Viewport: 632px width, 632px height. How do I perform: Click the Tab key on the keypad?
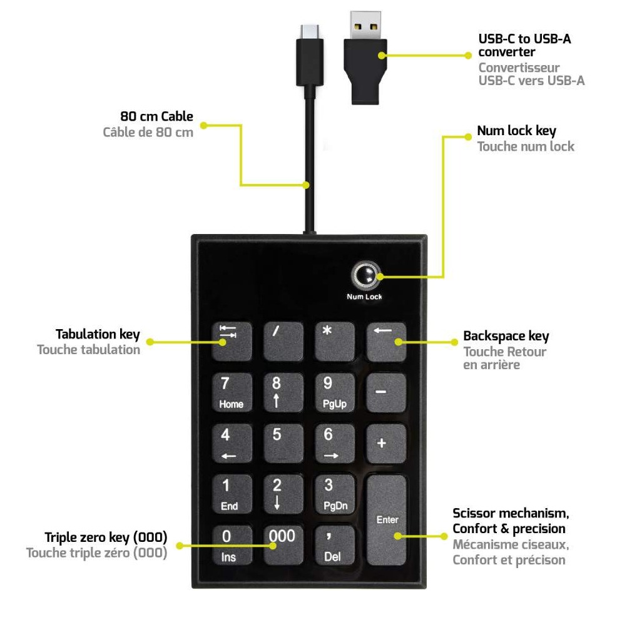tap(232, 342)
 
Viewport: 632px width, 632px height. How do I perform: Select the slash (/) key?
tap(283, 342)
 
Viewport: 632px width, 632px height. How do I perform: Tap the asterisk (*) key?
tap(334, 342)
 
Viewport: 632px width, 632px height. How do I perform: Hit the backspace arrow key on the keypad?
tap(385, 342)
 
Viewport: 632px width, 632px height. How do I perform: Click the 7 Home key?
tap(232, 393)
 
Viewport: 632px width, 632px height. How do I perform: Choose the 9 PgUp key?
tap(334, 393)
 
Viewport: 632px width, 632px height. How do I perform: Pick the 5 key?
tap(283, 444)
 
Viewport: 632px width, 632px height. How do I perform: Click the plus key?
tap(385, 444)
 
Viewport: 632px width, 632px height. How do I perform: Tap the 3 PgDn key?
tap(334, 494)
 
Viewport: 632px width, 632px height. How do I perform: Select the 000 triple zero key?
tap(283, 545)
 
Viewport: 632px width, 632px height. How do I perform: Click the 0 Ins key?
tap(232, 545)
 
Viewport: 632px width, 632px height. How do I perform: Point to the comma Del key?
tap(334, 545)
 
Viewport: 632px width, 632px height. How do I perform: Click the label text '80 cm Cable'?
tap(156, 116)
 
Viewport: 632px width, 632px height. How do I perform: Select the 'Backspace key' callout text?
tap(506, 336)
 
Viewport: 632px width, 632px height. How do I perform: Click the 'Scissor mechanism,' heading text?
tap(511, 514)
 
